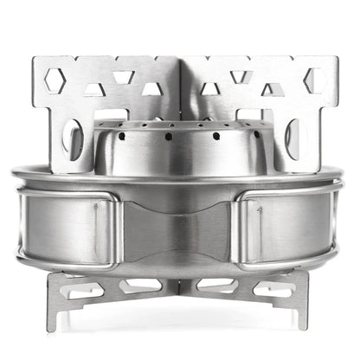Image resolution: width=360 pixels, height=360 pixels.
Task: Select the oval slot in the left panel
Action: coord(75,139)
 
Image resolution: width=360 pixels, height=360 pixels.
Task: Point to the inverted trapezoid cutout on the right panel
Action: coord(243,77)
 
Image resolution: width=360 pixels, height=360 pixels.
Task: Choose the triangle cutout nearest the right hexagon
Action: coord(275,88)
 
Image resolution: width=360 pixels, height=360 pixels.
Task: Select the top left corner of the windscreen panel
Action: coord(36,60)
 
